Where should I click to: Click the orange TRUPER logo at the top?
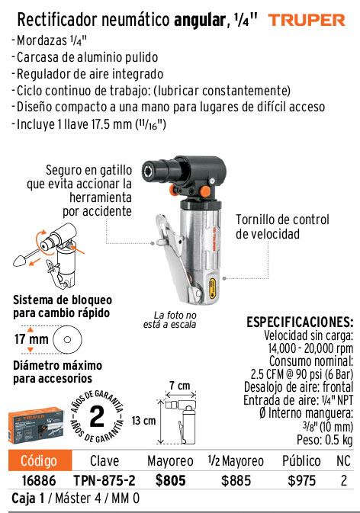point(307,21)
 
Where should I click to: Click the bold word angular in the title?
point(199,21)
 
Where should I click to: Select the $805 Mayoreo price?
point(171,481)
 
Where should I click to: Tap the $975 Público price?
point(302,481)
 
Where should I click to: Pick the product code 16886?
point(39,481)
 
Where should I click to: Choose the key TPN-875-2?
point(104,481)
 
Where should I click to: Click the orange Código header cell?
point(40,460)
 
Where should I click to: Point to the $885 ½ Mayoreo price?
point(236,481)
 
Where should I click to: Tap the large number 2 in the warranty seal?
point(97,416)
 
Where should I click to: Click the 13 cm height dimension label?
point(143,421)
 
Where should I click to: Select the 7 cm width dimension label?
point(180,386)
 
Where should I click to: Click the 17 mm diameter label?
point(31,339)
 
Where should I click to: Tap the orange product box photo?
point(36,425)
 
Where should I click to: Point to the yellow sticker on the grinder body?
point(212,287)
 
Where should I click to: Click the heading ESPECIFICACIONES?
point(300,322)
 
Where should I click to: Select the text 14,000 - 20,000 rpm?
point(310,348)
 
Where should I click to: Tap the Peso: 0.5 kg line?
point(325,440)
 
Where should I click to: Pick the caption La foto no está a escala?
point(170,320)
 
